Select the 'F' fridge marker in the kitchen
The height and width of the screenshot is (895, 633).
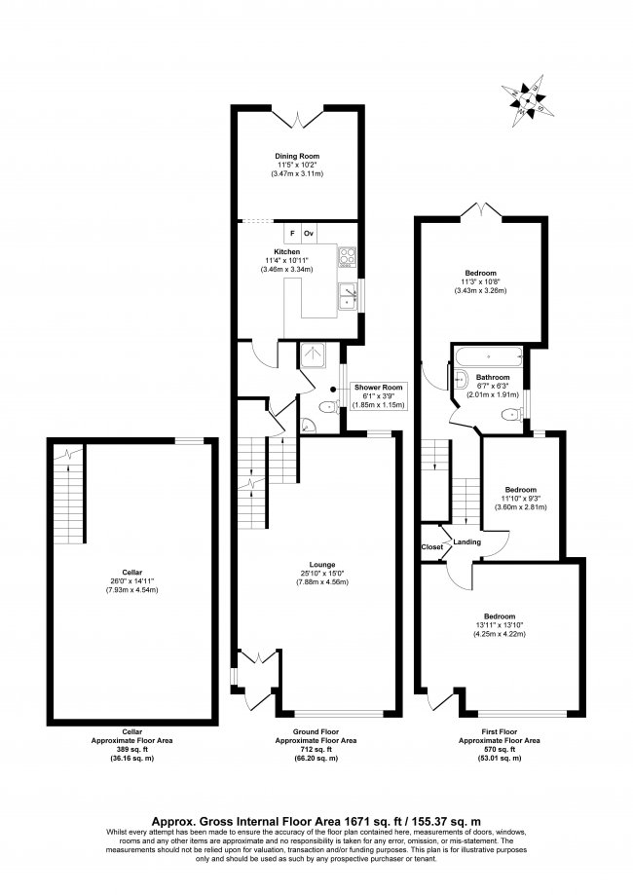click(291, 235)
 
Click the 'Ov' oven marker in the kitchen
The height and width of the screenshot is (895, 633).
click(309, 235)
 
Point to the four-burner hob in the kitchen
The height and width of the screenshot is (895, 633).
click(347, 257)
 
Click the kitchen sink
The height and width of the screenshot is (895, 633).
click(347, 296)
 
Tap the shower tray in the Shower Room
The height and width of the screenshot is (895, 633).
click(315, 357)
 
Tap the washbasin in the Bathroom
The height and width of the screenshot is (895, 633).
click(461, 382)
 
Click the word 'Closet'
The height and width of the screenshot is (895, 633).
click(431, 547)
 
